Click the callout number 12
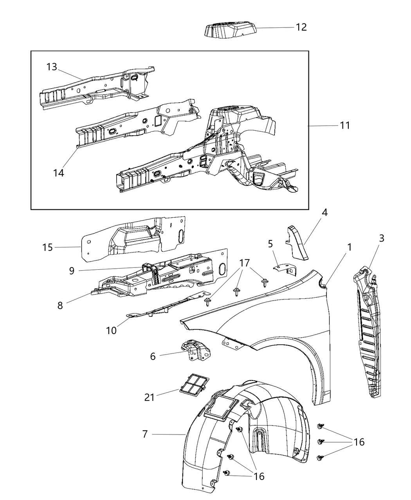tap(301, 27)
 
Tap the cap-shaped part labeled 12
tap(230, 31)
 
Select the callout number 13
tap(52, 67)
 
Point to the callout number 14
tap(59, 172)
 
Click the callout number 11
tap(345, 125)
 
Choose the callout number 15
tap(48, 247)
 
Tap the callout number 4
tap(324, 213)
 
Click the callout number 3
tap(381, 238)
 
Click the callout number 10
tap(111, 331)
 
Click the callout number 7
tap(145, 434)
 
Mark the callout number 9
tap(72, 271)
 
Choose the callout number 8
tap(60, 305)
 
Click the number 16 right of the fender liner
tap(359, 442)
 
